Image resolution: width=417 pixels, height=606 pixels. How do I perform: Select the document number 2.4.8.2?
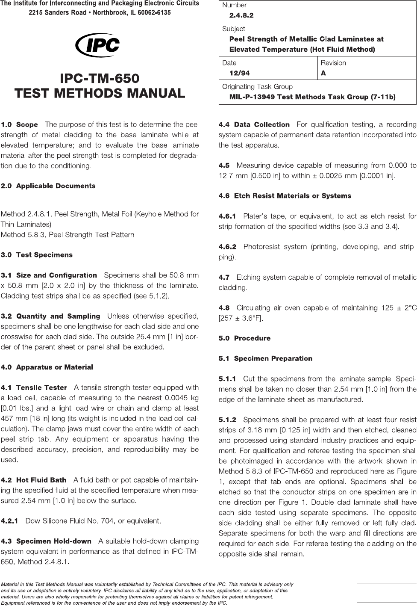tap(241, 15)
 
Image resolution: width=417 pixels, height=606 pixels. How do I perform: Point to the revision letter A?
tap(323, 73)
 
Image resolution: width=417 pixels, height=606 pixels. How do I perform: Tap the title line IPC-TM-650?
tap(100, 79)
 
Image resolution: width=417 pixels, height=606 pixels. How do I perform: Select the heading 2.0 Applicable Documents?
tap(48, 186)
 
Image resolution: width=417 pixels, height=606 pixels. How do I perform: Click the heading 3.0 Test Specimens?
tap(37, 255)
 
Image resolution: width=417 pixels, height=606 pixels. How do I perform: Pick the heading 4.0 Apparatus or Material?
tap(47, 367)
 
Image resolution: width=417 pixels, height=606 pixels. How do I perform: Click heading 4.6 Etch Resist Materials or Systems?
tap(285, 196)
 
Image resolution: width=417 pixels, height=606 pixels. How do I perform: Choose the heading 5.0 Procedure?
tap(244, 338)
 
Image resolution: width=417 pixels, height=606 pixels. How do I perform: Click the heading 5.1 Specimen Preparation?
tap(265, 358)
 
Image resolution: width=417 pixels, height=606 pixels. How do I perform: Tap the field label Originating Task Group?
tap(257, 87)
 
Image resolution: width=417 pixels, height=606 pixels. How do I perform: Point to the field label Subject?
tap(234, 29)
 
